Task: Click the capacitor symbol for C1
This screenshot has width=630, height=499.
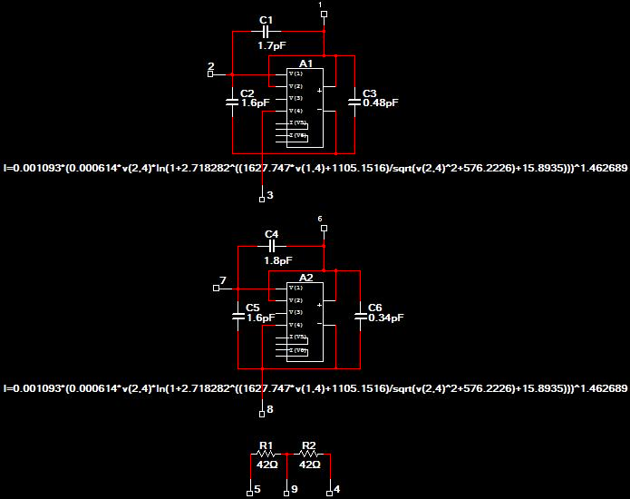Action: tap(267, 32)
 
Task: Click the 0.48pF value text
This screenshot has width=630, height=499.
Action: tap(381, 103)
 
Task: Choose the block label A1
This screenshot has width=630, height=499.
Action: tap(305, 64)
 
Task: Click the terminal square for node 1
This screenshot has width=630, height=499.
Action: tap(324, 15)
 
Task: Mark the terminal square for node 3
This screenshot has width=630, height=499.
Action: tap(262, 196)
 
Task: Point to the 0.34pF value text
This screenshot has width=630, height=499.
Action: tap(386, 318)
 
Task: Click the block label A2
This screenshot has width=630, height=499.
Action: tap(305, 278)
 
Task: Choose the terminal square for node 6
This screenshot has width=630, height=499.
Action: tap(324, 230)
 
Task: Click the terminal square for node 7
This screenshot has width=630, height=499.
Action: tap(216, 289)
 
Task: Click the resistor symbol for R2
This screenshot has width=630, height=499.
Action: tap(309, 454)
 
